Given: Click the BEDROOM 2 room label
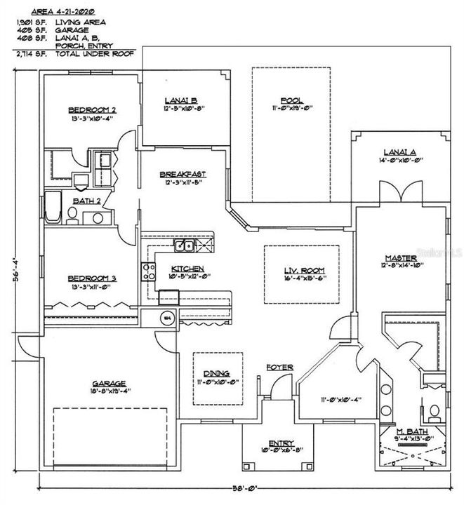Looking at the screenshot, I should click(x=92, y=110).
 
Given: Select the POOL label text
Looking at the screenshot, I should click(x=291, y=100).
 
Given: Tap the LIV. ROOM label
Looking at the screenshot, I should click(x=301, y=271).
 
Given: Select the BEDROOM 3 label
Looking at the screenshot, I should click(x=92, y=278).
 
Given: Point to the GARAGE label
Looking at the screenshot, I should click(x=108, y=384).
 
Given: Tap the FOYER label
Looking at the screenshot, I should click(x=279, y=368).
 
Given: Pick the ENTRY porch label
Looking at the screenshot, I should click(x=279, y=443).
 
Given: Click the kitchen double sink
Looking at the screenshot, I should click(x=185, y=245).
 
